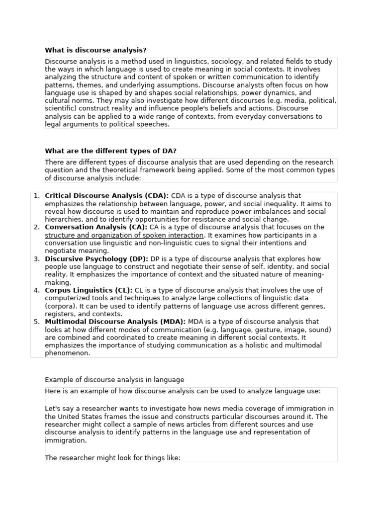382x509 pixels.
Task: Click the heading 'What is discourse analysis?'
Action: pyautogui.click(x=95, y=50)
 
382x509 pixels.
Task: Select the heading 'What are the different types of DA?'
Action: pyautogui.click(x=111, y=151)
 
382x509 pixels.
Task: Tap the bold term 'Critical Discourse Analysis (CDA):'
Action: pyautogui.click(x=106, y=196)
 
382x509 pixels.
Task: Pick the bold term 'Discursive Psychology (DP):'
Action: pyautogui.click(x=96, y=259)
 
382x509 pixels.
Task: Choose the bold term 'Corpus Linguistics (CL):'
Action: pyautogui.click(x=89, y=290)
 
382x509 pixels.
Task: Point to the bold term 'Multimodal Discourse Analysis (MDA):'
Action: pyautogui.click(x=115, y=322)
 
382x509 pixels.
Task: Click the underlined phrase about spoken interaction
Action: pyautogui.click(x=124, y=235)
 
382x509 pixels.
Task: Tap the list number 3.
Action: pyautogui.click(x=36, y=259)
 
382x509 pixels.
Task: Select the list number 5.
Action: pyautogui.click(x=36, y=322)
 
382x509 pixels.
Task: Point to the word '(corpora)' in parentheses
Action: pyautogui.click(x=60, y=306)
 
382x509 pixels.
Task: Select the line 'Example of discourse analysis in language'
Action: pyautogui.click(x=114, y=380)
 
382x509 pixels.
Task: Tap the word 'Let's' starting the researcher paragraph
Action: pyautogui.click(x=53, y=409)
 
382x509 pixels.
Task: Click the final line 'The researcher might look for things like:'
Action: pyautogui.click(x=112, y=458)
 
